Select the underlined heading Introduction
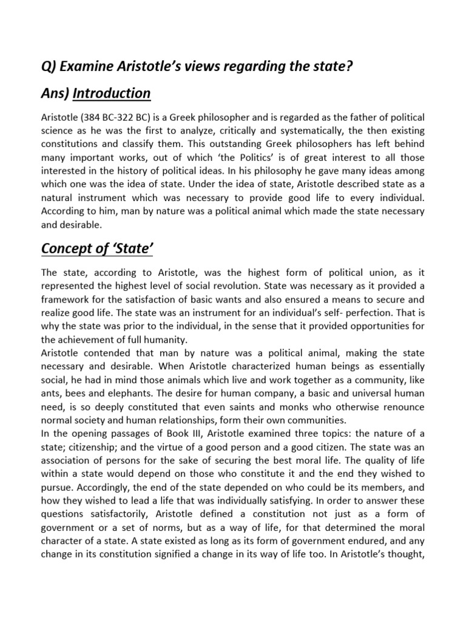(111, 94)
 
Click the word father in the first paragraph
(340, 117)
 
